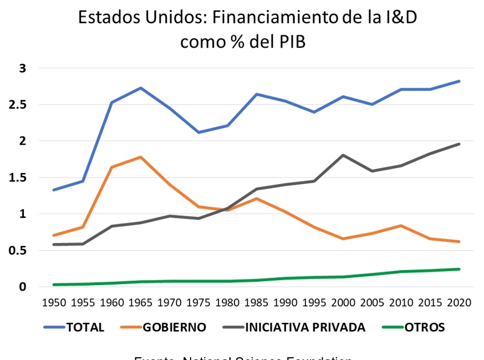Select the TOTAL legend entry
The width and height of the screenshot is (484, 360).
(85, 327)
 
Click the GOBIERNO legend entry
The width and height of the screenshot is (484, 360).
(174, 327)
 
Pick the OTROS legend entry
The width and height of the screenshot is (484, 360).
(425, 327)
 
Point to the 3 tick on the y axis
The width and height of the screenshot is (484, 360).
(23, 68)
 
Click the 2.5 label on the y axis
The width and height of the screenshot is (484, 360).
(19, 105)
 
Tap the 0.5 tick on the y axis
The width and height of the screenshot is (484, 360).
(19, 250)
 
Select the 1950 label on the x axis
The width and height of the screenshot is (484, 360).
(54, 303)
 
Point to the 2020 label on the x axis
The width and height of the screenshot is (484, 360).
(459, 303)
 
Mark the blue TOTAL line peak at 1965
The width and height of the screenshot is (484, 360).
(141, 88)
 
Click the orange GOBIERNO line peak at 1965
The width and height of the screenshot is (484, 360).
(141, 157)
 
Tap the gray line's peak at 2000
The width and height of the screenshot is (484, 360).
(344, 155)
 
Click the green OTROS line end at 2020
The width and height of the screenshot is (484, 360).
(459, 269)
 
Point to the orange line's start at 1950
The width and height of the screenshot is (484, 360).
(54, 235)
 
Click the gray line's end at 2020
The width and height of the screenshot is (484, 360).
(459, 144)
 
